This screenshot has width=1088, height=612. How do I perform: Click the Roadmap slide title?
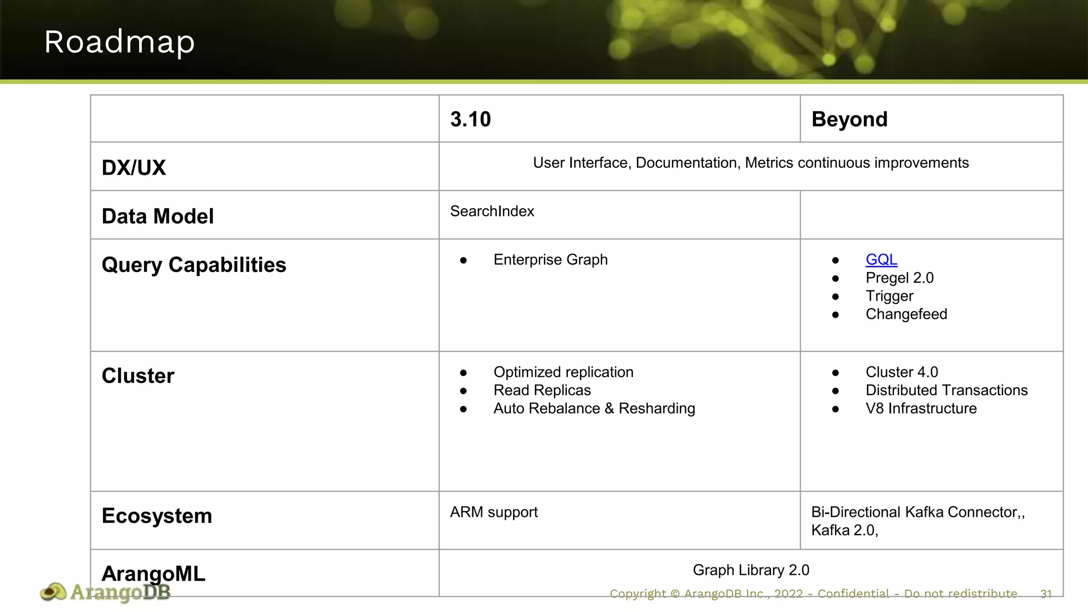(x=120, y=42)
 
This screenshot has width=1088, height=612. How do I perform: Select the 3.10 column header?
(x=470, y=120)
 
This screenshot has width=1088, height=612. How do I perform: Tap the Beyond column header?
(x=849, y=120)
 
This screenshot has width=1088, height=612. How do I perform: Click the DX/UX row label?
(x=133, y=168)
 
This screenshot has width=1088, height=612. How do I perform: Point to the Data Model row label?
(x=157, y=217)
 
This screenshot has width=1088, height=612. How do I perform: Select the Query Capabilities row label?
(x=193, y=265)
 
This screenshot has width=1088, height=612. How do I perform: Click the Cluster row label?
(x=138, y=376)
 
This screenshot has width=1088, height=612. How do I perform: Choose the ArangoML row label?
(x=153, y=574)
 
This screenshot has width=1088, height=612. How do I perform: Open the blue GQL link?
(x=881, y=260)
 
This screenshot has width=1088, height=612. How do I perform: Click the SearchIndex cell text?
(x=492, y=211)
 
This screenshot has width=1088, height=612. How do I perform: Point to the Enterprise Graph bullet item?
(x=550, y=260)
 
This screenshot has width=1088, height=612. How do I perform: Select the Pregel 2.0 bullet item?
(x=899, y=278)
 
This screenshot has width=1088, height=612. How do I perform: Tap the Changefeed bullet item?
(x=906, y=314)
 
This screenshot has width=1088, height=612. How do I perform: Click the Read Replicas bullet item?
(x=542, y=390)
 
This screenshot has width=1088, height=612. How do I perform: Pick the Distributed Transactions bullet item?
(x=946, y=390)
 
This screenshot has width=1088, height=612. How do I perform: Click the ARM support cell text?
(x=494, y=512)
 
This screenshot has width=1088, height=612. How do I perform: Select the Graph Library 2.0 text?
(x=751, y=570)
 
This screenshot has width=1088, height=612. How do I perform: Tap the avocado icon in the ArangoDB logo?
(x=53, y=592)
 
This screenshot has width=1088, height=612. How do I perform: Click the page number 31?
(x=1045, y=594)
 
